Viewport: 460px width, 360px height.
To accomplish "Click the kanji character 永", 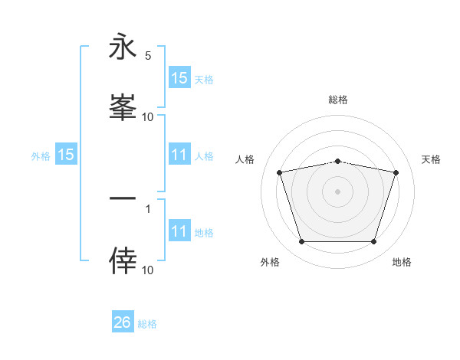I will (x=123, y=48).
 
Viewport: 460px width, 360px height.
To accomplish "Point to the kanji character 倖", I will (x=123, y=260).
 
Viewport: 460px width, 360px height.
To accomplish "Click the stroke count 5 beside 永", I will (x=148, y=55).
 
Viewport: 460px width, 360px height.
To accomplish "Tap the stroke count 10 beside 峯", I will (x=148, y=116).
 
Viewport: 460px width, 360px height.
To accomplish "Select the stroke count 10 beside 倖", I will (x=148, y=270).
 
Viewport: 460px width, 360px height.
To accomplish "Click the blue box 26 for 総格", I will (x=123, y=322).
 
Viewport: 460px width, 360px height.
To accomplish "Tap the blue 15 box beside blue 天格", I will (x=179, y=77).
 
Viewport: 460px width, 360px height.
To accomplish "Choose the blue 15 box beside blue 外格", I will (x=66, y=155).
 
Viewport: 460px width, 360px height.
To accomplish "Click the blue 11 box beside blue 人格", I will (x=179, y=155).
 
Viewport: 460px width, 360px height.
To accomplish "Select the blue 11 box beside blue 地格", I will (x=179, y=231).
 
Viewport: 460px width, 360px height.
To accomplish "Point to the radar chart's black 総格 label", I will (x=337, y=100).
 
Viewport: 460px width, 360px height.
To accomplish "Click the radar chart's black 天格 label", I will (x=432, y=159).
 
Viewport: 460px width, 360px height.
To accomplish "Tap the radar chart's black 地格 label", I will (x=402, y=262).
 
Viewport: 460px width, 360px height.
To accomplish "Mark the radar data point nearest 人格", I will (x=279, y=172).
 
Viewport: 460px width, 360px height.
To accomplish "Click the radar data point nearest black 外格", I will (x=301, y=242).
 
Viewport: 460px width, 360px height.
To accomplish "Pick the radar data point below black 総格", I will (x=337, y=161).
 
